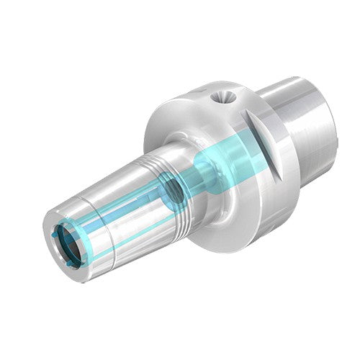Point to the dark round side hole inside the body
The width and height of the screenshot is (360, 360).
[x=171, y=191]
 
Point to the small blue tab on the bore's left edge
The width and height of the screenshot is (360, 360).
[x=55, y=236]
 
